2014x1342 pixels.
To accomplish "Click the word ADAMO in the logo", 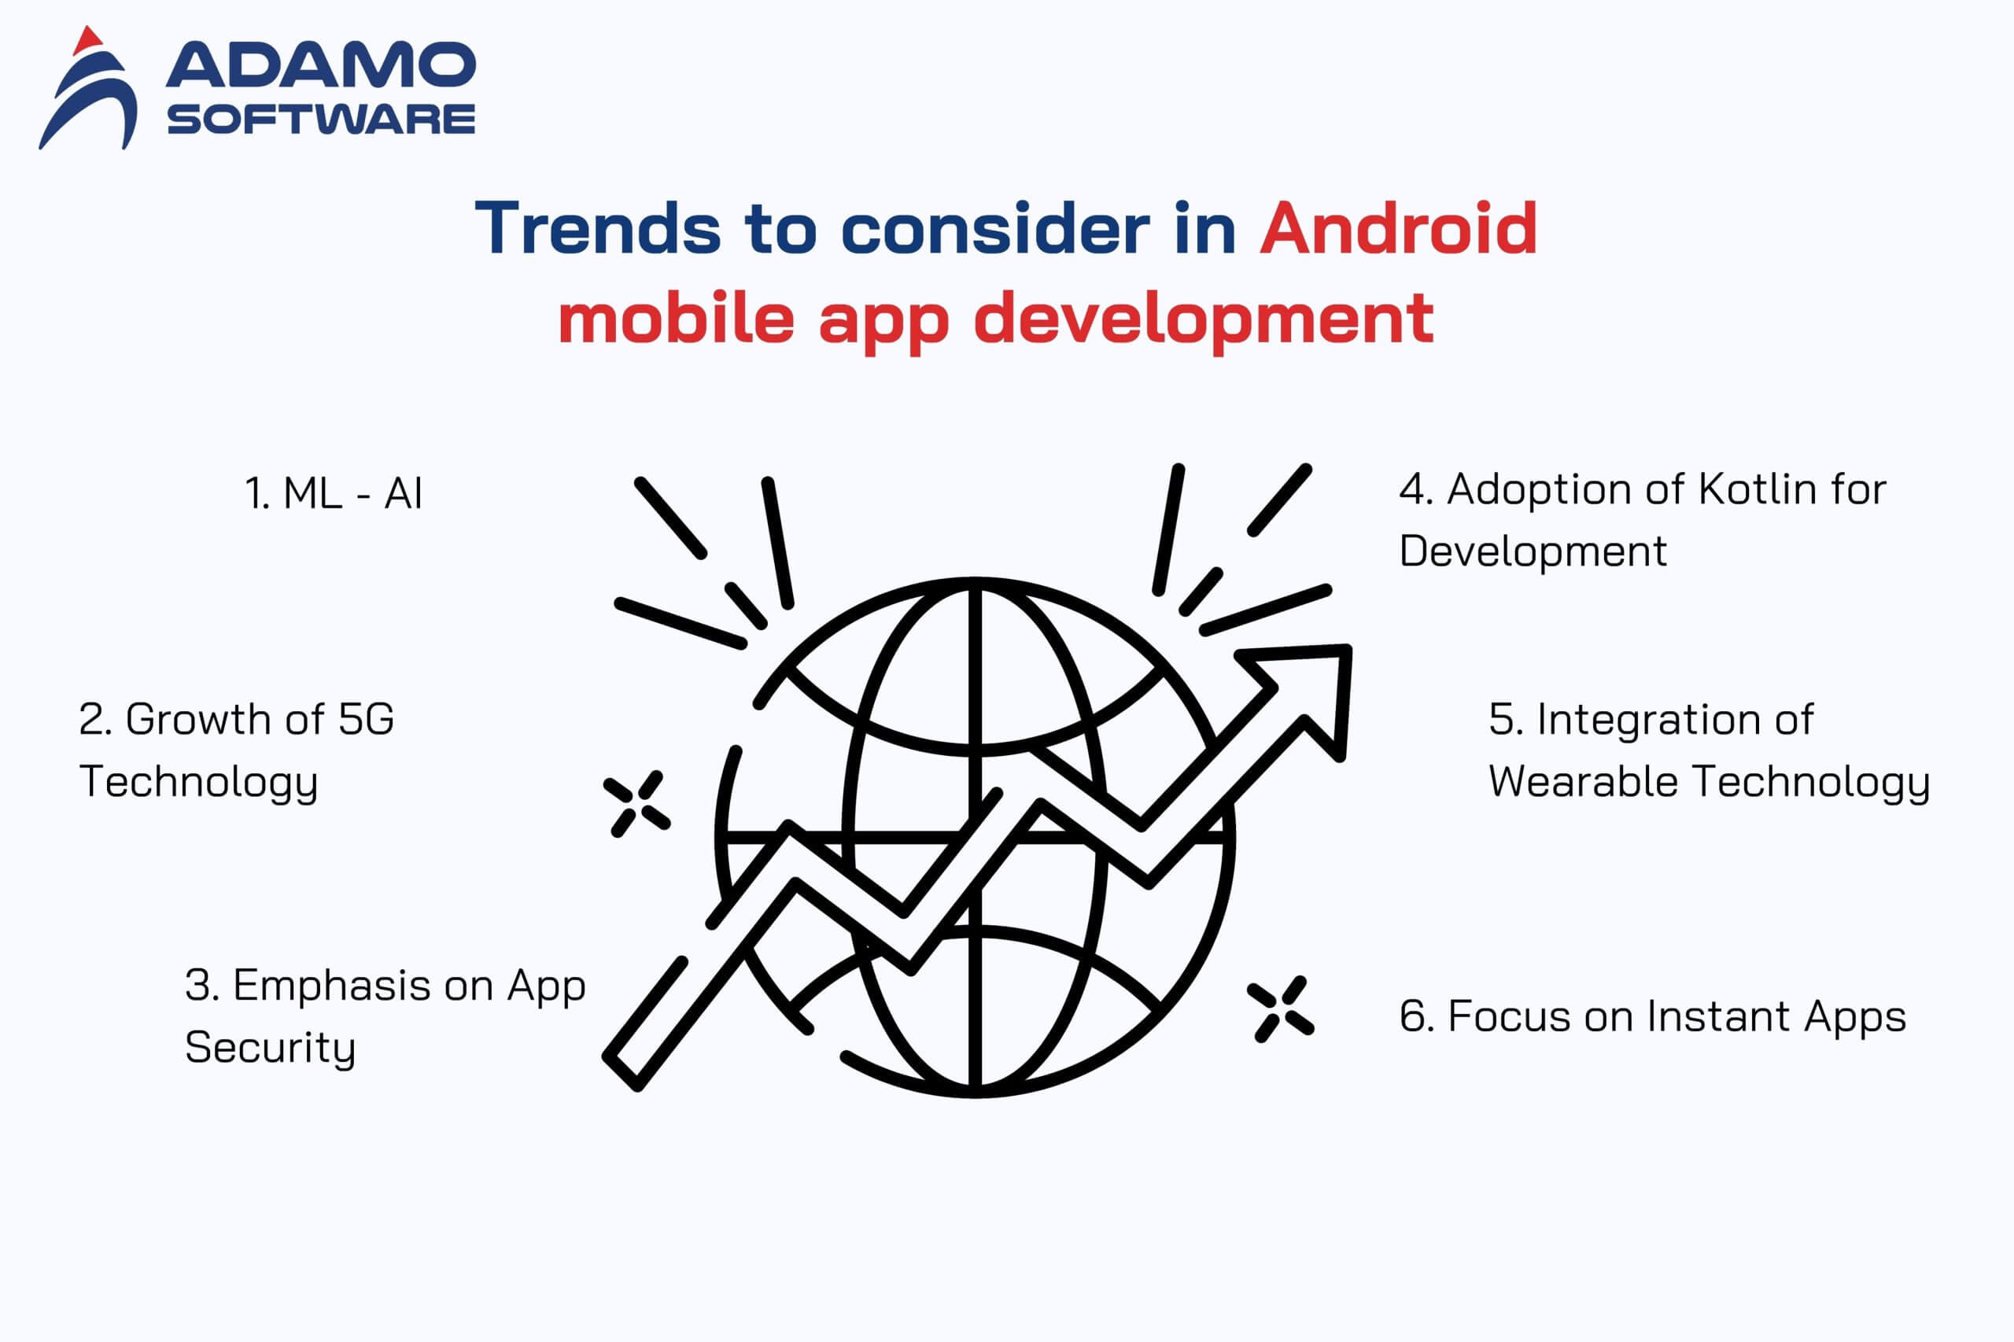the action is [x=321, y=65].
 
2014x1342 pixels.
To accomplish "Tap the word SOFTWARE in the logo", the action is [x=321, y=119].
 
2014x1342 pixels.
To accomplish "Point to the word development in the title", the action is [x=1204, y=319].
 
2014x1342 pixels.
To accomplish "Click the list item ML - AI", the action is [x=334, y=494].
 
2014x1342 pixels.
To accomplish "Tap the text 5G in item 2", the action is [x=366, y=719].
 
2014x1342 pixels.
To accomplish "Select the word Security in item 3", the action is [x=270, y=1049].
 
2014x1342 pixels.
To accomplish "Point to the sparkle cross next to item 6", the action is [x=1281, y=1010].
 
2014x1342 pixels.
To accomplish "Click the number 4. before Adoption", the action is [x=1417, y=489].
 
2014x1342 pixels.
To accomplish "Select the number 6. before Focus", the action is [x=1417, y=1017].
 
